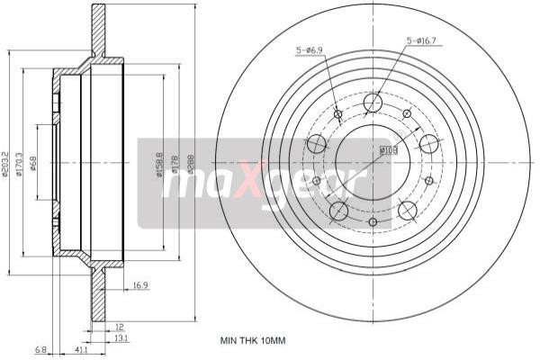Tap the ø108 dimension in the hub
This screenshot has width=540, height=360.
click(x=389, y=150)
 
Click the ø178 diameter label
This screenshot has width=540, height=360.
click(x=174, y=165)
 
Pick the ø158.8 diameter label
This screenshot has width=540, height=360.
click(x=159, y=165)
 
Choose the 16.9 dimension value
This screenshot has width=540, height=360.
click(x=139, y=285)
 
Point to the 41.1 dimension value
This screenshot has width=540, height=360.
click(x=82, y=349)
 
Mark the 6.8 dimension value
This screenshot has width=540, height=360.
click(x=40, y=349)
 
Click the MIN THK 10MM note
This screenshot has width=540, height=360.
click(x=253, y=341)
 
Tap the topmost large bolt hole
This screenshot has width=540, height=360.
click(x=373, y=104)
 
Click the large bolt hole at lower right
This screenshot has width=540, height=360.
click(x=407, y=211)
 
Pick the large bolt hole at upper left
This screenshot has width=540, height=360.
click(x=317, y=144)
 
